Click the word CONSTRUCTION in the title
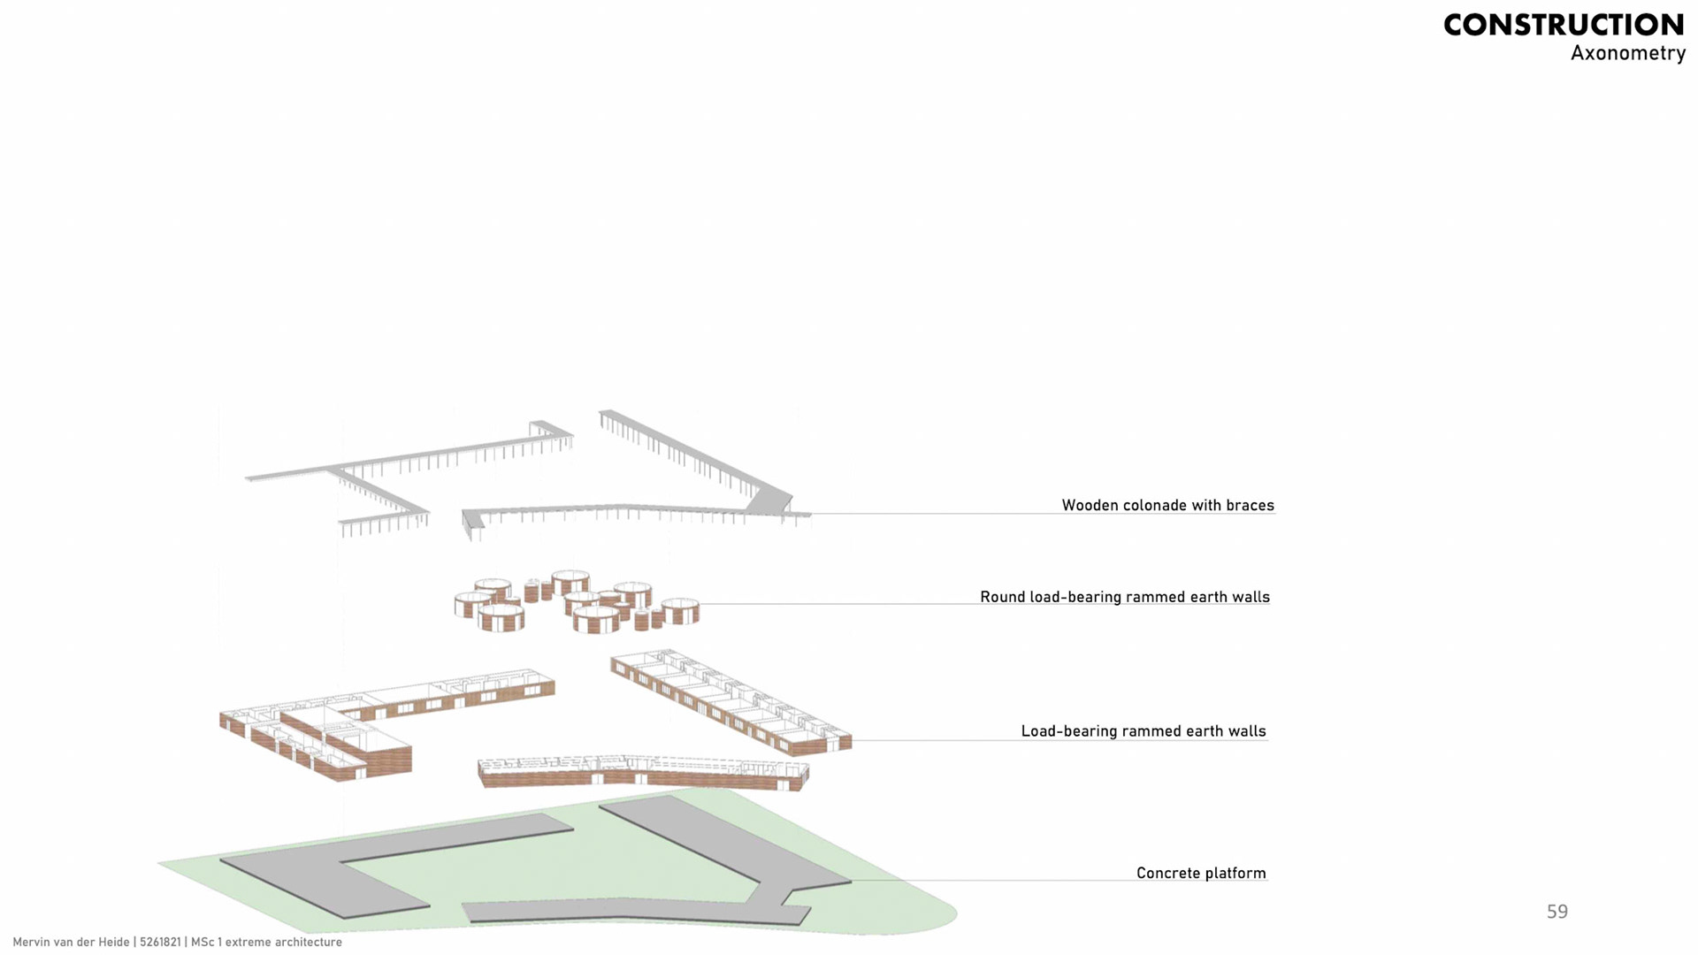pyautogui.click(x=1564, y=25)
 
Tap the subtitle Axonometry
pyautogui.click(x=1627, y=53)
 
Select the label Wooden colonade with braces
pyautogui.click(x=1167, y=505)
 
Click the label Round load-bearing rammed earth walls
pyautogui.click(x=1124, y=597)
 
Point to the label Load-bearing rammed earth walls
pyautogui.click(x=1143, y=731)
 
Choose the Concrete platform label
pyautogui.click(x=1200, y=873)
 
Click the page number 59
pyautogui.click(x=1556, y=912)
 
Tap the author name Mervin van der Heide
pyautogui.click(x=71, y=943)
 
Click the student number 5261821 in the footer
pyautogui.click(x=160, y=943)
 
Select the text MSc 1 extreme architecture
pyautogui.click(x=266, y=943)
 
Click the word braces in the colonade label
pyautogui.click(x=1250, y=505)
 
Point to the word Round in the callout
pyautogui.click(x=1002, y=597)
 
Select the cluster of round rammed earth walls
pyautogui.click(x=575, y=601)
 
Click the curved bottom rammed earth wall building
pyautogui.click(x=641, y=774)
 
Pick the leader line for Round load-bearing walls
pyautogui.click(x=840, y=604)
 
